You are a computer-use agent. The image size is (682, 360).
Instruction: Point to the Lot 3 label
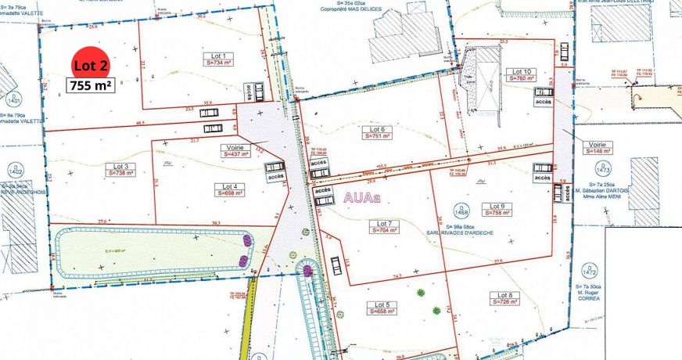(x=121, y=166)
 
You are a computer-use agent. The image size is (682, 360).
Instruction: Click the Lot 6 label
(x=377, y=129)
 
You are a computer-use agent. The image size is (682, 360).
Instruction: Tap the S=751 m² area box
(x=377, y=137)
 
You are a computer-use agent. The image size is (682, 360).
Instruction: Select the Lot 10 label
(x=522, y=70)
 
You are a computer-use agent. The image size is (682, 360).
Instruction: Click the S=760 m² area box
(x=522, y=78)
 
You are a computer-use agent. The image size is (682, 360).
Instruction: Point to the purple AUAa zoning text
(x=362, y=199)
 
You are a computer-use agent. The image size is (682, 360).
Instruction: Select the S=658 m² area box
(x=382, y=311)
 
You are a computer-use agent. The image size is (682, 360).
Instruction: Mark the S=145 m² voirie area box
(x=601, y=152)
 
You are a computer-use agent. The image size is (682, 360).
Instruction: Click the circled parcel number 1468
(x=461, y=210)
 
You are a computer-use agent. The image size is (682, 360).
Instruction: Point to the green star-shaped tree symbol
(x=422, y=293)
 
